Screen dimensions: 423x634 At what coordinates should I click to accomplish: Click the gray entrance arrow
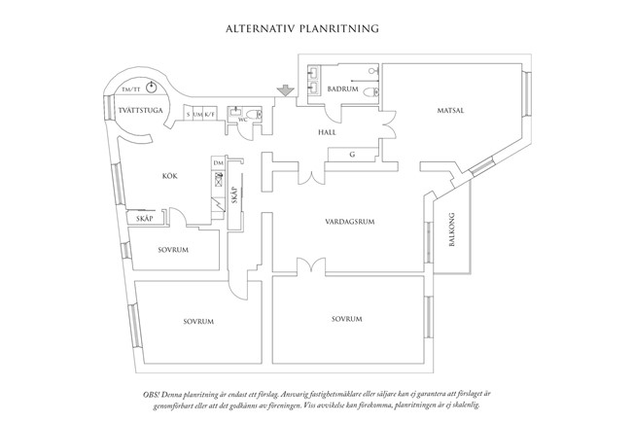[x=284, y=91]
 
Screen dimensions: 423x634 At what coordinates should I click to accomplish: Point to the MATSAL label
[x=449, y=111]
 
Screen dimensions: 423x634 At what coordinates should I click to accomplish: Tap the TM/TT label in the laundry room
[x=128, y=89]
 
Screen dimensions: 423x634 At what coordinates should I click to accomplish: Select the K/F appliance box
[x=209, y=115]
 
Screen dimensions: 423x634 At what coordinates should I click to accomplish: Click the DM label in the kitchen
[x=219, y=163]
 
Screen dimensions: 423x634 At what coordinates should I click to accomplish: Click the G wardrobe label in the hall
[x=352, y=154]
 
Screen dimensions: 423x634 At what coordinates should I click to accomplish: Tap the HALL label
[x=327, y=131]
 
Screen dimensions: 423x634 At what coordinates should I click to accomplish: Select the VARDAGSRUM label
[x=350, y=223]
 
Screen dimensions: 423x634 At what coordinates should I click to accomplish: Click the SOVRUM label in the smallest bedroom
[x=172, y=250]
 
